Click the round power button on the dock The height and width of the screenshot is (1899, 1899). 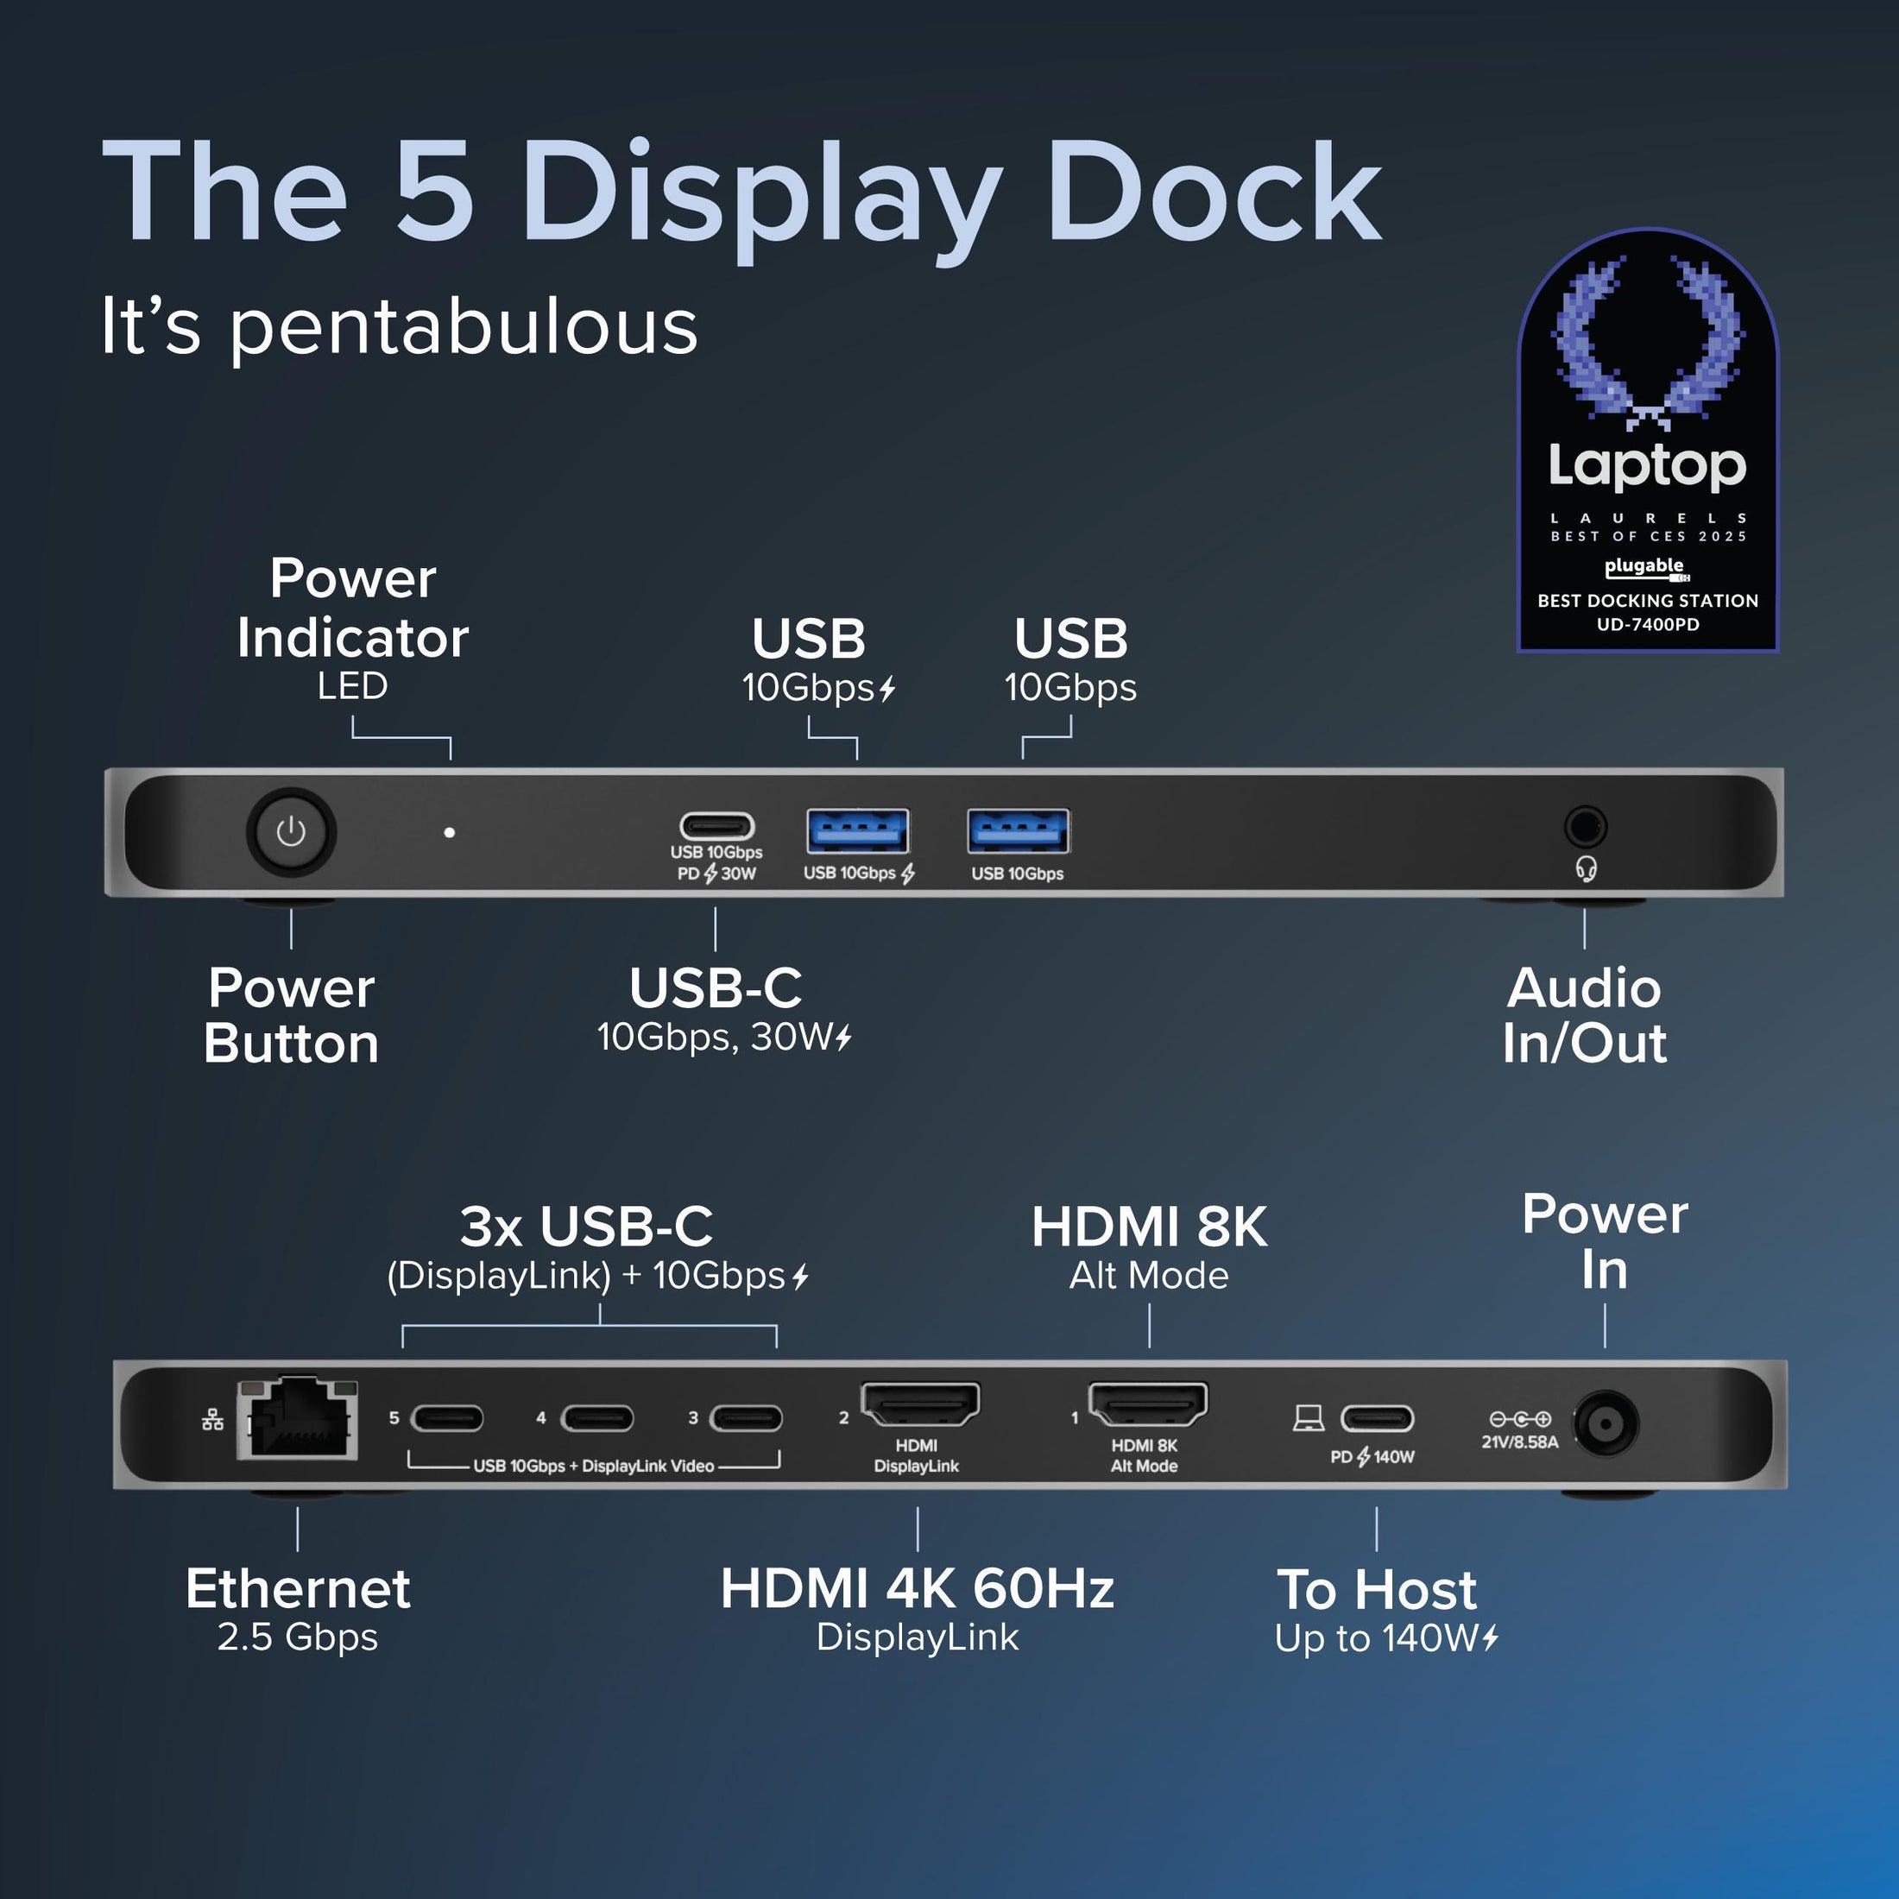click(x=290, y=832)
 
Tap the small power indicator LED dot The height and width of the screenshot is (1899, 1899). click(x=449, y=832)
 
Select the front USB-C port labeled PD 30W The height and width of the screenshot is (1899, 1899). click(x=717, y=826)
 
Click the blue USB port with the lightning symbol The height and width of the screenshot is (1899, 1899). click(x=857, y=831)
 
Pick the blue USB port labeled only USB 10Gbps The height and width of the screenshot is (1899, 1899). click(x=1019, y=831)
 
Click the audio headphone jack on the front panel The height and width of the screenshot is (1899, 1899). click(x=1585, y=827)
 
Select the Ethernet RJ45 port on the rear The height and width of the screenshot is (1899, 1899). click(x=298, y=1419)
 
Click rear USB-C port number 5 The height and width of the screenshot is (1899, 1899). click(x=447, y=1418)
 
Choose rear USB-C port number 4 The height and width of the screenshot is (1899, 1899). click(x=596, y=1418)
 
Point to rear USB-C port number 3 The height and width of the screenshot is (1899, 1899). click(x=746, y=1418)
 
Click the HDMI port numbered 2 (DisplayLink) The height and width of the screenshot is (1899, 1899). click(x=920, y=1404)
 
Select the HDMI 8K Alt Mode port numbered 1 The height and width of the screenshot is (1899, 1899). click(x=1147, y=1404)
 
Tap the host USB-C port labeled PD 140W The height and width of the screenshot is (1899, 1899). click(x=1377, y=1418)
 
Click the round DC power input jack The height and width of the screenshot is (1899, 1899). click(x=1606, y=1423)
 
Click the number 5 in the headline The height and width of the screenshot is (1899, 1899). click(x=433, y=192)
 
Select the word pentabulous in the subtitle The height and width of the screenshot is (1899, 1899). click(x=463, y=326)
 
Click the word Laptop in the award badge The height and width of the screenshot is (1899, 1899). click(x=1647, y=466)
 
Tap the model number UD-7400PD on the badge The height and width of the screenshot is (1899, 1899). click(x=1647, y=624)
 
